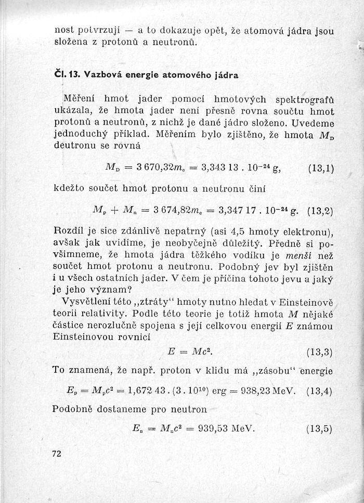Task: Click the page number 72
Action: [57, 454]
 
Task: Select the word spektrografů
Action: [304, 98]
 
